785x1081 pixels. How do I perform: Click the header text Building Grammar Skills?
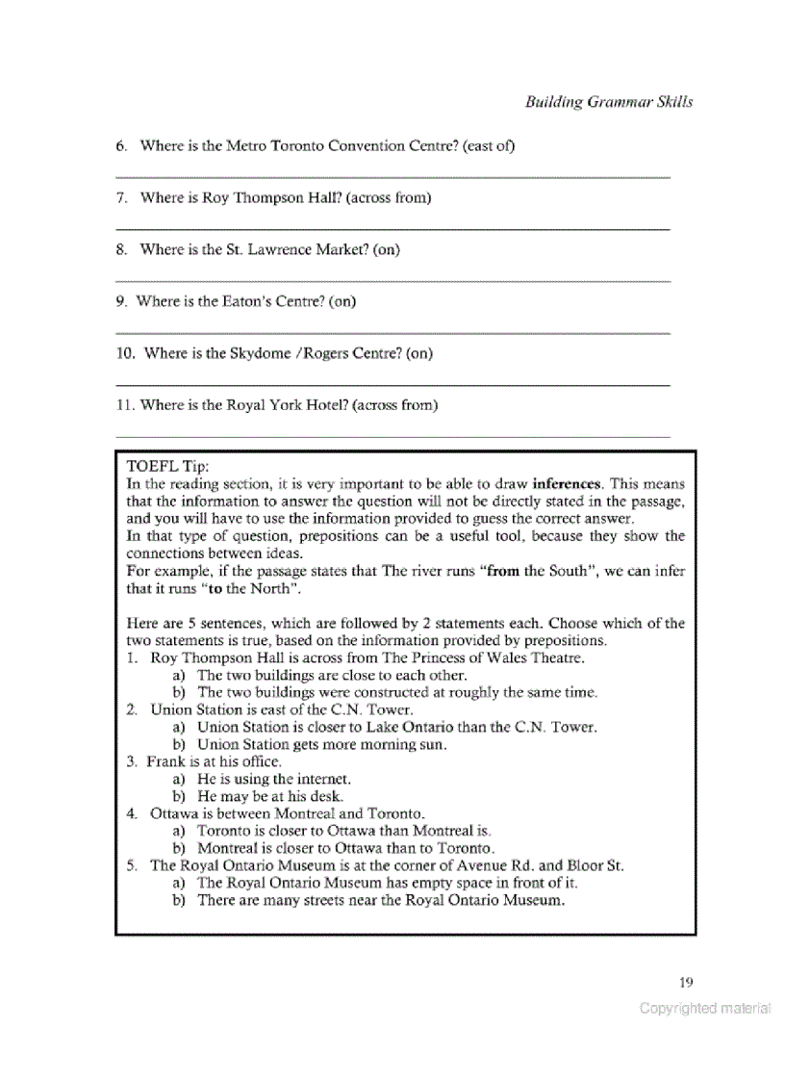(x=608, y=102)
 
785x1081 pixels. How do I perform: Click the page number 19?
(x=685, y=982)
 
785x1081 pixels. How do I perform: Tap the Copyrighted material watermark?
(x=705, y=1009)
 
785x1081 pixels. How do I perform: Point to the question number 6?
(x=121, y=146)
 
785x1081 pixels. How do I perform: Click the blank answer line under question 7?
(x=392, y=228)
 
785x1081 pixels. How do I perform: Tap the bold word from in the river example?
(x=502, y=571)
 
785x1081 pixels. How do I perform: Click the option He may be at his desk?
(x=269, y=796)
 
